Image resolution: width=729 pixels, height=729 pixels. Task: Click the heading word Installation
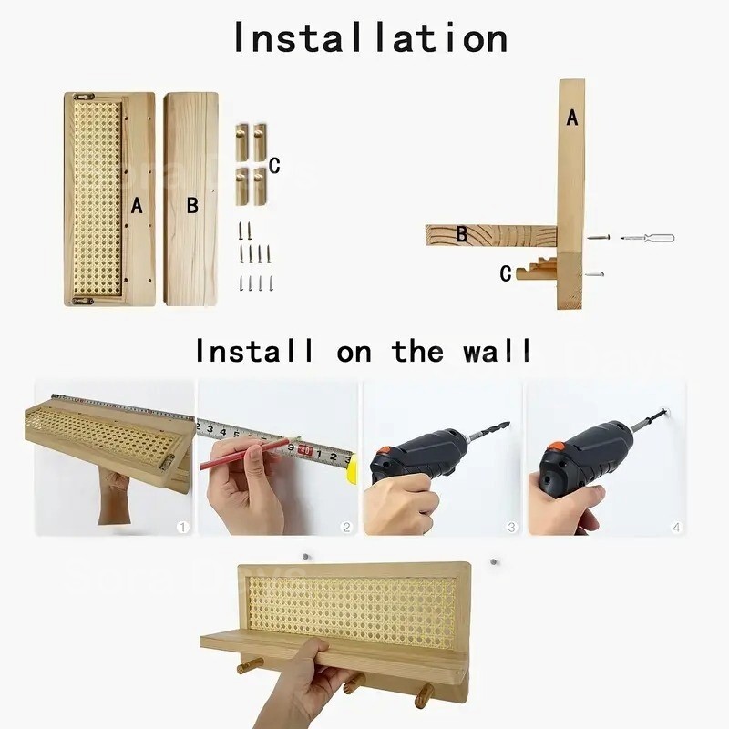click(370, 37)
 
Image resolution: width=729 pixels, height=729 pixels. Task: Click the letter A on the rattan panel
click(137, 205)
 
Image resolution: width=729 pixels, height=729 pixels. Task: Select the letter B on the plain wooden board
click(192, 206)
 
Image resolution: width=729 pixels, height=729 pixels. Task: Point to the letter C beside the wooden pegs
click(274, 165)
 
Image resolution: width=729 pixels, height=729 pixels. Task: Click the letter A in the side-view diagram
click(572, 118)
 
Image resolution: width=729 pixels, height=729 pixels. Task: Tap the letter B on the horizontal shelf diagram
click(462, 234)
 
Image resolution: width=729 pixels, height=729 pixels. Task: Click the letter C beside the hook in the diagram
click(505, 273)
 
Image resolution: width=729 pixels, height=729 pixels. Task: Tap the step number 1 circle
click(182, 527)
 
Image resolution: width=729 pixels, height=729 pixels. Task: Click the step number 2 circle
click(346, 527)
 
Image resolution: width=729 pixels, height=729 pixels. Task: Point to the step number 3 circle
click(511, 527)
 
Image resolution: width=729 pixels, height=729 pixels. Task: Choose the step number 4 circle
click(675, 527)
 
